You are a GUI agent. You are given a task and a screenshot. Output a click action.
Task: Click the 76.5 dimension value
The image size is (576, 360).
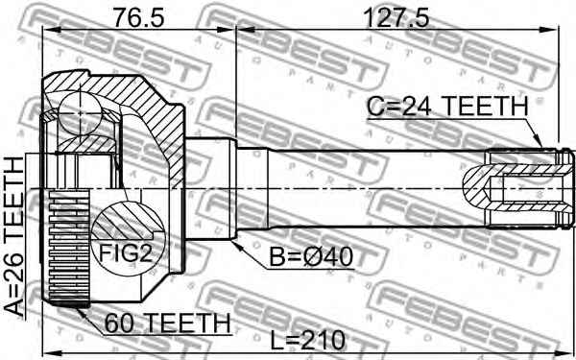[135, 16]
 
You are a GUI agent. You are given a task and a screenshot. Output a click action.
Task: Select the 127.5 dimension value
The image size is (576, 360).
[396, 16]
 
